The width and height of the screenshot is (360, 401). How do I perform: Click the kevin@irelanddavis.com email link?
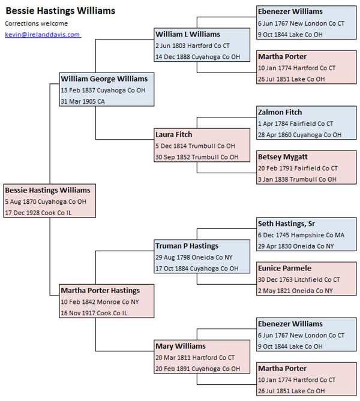(x=43, y=35)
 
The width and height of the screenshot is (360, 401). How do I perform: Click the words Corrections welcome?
(x=37, y=23)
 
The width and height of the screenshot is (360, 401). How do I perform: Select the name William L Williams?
(x=188, y=34)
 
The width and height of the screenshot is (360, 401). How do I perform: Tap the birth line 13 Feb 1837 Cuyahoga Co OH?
(x=103, y=91)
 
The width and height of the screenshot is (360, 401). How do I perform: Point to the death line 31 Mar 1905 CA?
(x=83, y=101)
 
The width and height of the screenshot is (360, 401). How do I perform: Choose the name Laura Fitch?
(x=173, y=134)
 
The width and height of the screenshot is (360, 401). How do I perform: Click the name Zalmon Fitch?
(x=280, y=112)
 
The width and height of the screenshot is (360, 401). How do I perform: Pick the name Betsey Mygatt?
(x=283, y=157)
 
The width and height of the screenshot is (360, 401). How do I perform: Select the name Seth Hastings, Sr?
(x=286, y=224)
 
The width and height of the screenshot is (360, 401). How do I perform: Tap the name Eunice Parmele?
(x=284, y=269)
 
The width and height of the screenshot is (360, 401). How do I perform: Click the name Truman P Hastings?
(x=187, y=246)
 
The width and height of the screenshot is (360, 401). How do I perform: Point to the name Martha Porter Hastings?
(x=100, y=291)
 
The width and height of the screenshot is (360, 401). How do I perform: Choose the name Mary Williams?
(x=180, y=346)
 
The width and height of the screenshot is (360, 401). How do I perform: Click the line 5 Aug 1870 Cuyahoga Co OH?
(x=46, y=202)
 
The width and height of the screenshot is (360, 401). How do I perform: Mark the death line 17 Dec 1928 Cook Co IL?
(x=38, y=213)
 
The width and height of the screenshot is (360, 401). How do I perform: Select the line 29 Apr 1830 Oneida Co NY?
(x=296, y=246)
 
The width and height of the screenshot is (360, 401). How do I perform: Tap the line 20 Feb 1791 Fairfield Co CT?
(x=298, y=168)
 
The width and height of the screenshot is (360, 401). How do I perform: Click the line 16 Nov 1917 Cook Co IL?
(x=94, y=313)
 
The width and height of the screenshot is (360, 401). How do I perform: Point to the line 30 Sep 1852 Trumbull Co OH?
(x=197, y=157)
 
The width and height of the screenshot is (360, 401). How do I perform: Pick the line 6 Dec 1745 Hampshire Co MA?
(x=301, y=235)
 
